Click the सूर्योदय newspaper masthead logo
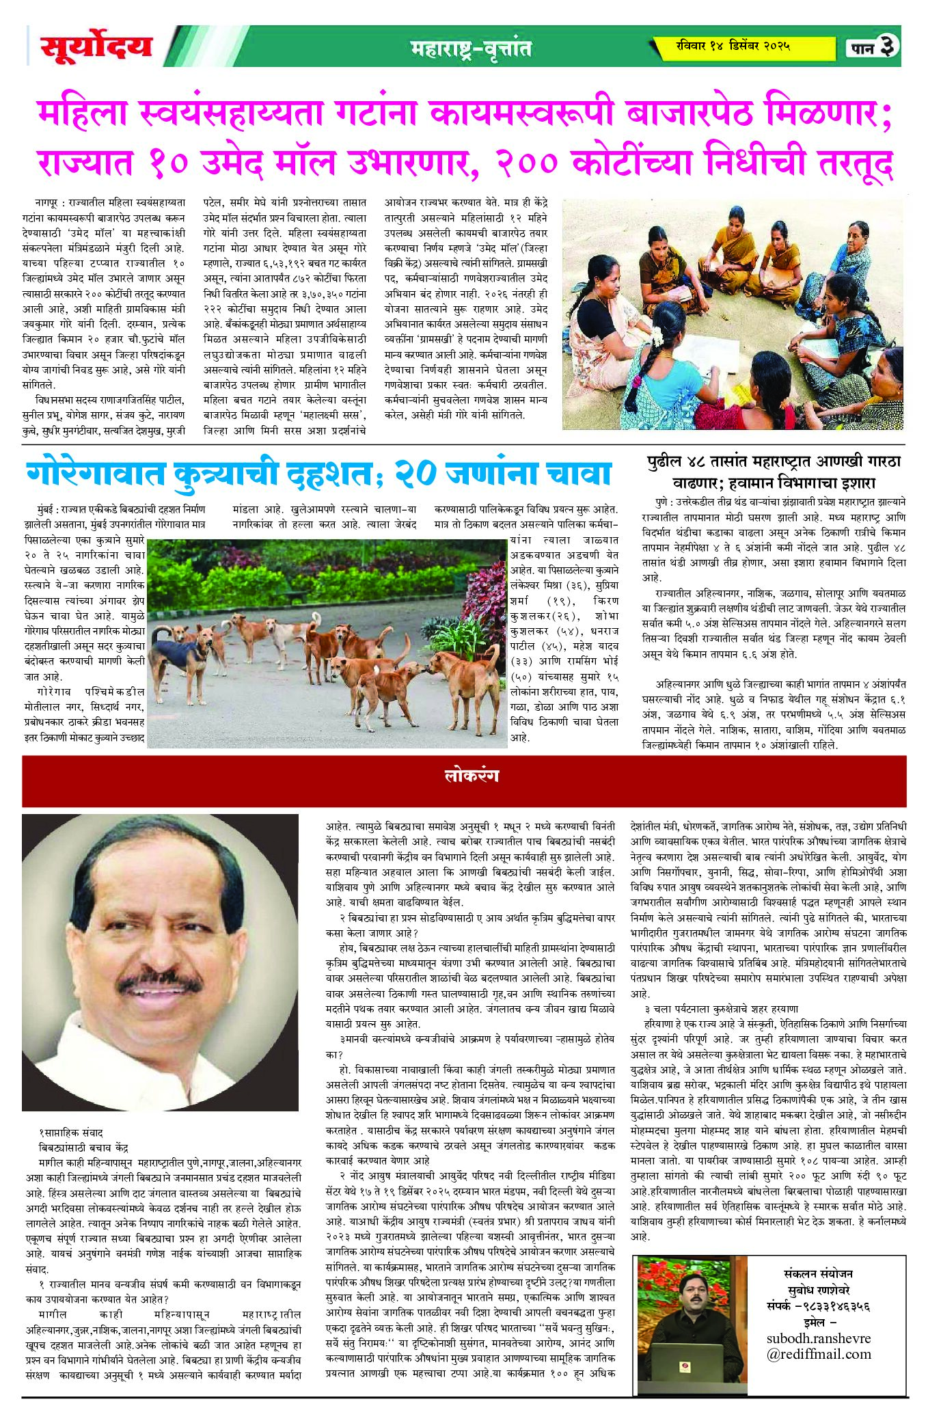point(96,46)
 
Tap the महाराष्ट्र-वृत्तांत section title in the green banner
point(471,49)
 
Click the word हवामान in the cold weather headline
point(768,483)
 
